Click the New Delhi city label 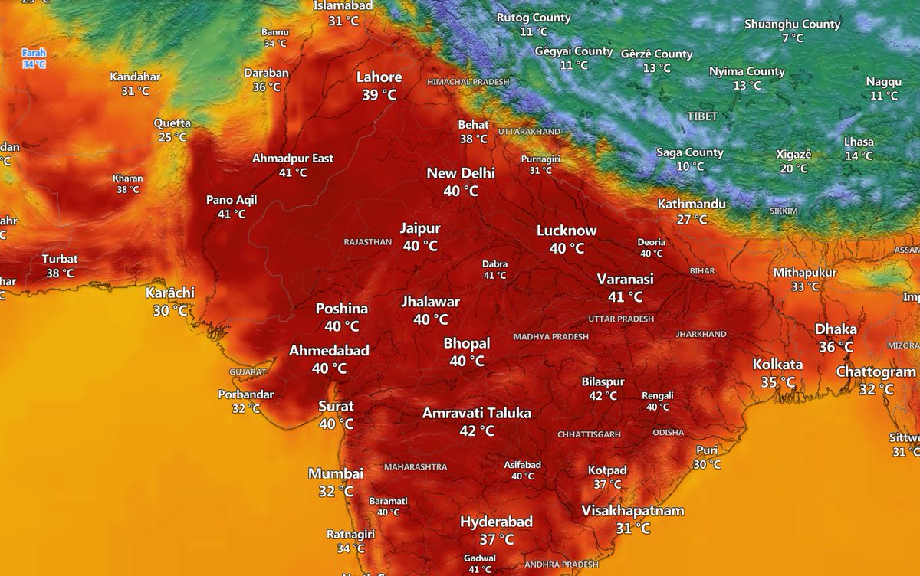click(461, 173)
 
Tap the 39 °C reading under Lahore click(379, 95)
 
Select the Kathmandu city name click(692, 205)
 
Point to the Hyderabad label click(496, 522)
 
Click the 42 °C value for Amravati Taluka click(477, 431)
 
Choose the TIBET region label click(702, 116)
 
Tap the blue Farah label click(34, 54)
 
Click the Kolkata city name click(777, 365)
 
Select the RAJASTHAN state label click(368, 242)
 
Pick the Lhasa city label click(859, 142)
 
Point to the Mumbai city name click(336, 474)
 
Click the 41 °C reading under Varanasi click(626, 297)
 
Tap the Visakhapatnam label click(632, 511)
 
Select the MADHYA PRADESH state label click(551, 337)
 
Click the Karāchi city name click(170, 293)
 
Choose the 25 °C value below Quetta click(172, 137)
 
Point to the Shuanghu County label click(793, 24)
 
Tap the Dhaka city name click(836, 329)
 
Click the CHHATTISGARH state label click(590, 434)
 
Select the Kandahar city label click(135, 77)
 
